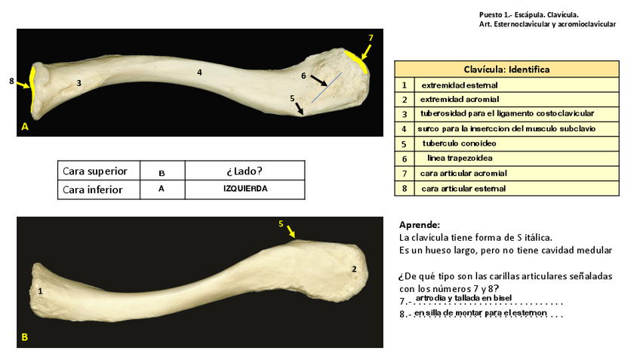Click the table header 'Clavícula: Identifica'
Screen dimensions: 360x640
pyautogui.click(x=506, y=69)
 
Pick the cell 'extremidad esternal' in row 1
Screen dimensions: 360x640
pyautogui.click(x=459, y=85)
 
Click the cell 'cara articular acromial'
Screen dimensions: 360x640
pyautogui.click(x=463, y=174)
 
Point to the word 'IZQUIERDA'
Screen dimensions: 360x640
pyautogui.click(x=245, y=189)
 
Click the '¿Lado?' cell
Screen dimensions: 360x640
pyautogui.click(x=245, y=171)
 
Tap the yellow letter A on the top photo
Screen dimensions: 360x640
pyautogui.click(x=25, y=128)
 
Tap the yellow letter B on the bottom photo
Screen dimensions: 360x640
pyautogui.click(x=25, y=337)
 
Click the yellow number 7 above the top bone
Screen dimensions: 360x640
pyautogui.click(x=371, y=38)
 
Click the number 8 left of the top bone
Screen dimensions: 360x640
pyautogui.click(x=11, y=80)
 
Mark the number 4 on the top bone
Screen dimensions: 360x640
pyautogui.click(x=199, y=72)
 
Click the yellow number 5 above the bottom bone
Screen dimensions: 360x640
pyautogui.click(x=281, y=224)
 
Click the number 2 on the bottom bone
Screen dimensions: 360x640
pyautogui.click(x=354, y=269)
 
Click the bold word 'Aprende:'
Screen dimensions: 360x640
pyautogui.click(x=419, y=225)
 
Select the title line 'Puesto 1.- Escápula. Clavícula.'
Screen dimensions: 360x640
pyautogui.click(x=528, y=14)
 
